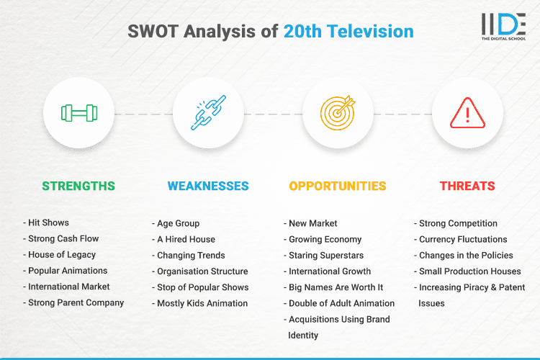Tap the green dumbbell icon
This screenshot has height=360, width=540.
point(78,114)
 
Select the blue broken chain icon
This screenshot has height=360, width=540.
point(208,114)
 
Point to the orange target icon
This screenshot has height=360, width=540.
point(338,114)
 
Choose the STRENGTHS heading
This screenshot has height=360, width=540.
point(78,186)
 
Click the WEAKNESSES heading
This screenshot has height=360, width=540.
point(208,186)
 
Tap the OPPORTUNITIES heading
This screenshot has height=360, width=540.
point(338,186)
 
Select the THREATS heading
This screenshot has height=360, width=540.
point(467,186)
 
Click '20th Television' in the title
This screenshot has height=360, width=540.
point(348,32)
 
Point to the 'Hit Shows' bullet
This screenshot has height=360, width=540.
point(49,223)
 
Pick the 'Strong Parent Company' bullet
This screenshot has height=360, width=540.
point(76,302)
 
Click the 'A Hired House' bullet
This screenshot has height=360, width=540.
point(186,239)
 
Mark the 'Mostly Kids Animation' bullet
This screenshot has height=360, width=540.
point(202,303)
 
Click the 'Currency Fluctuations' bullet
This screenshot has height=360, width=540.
point(463,239)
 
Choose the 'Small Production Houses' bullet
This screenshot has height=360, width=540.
point(469,271)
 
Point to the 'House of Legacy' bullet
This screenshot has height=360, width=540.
point(62,255)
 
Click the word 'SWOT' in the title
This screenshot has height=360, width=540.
point(152,32)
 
